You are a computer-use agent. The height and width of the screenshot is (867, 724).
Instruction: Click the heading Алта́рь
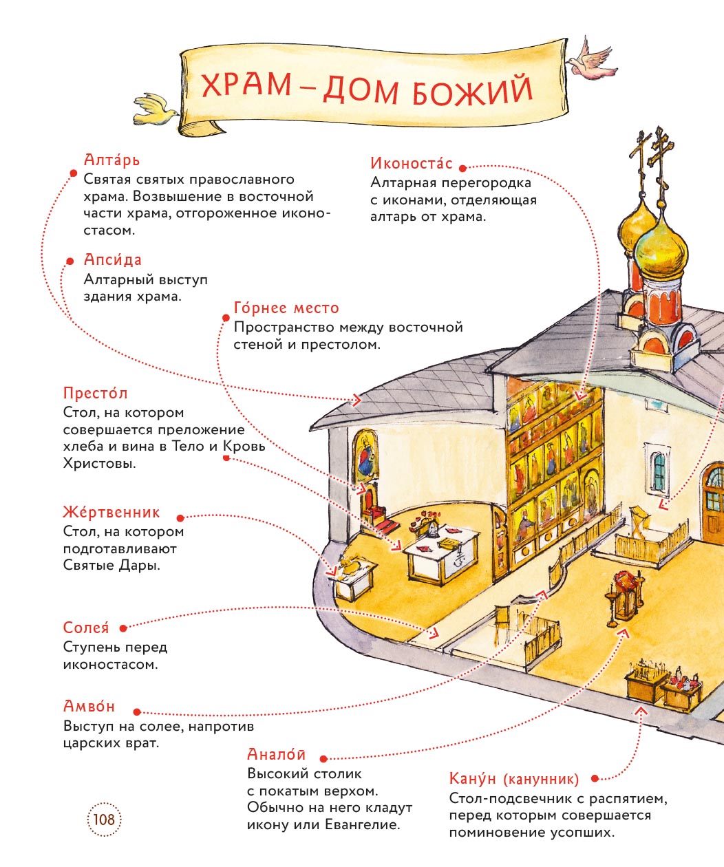(x=111, y=160)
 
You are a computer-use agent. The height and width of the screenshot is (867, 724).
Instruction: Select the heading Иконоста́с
(x=411, y=164)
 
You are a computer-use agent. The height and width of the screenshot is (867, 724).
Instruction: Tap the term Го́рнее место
(x=286, y=308)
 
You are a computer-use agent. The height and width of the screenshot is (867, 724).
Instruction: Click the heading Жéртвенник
(x=111, y=513)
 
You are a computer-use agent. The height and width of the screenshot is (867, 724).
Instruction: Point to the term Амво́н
(x=89, y=707)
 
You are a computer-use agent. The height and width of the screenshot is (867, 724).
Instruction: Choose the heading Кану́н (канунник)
(x=513, y=779)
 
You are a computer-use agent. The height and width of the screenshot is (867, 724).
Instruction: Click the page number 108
(x=104, y=820)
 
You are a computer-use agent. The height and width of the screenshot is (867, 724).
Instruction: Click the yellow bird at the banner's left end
(x=156, y=110)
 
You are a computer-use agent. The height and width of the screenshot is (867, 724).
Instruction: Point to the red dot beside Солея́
(x=123, y=628)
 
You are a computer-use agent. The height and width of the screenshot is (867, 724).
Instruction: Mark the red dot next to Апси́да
(x=70, y=261)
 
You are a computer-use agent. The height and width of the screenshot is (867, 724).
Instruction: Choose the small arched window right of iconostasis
(x=659, y=471)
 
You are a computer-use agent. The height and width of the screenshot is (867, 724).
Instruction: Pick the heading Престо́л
(x=96, y=394)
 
